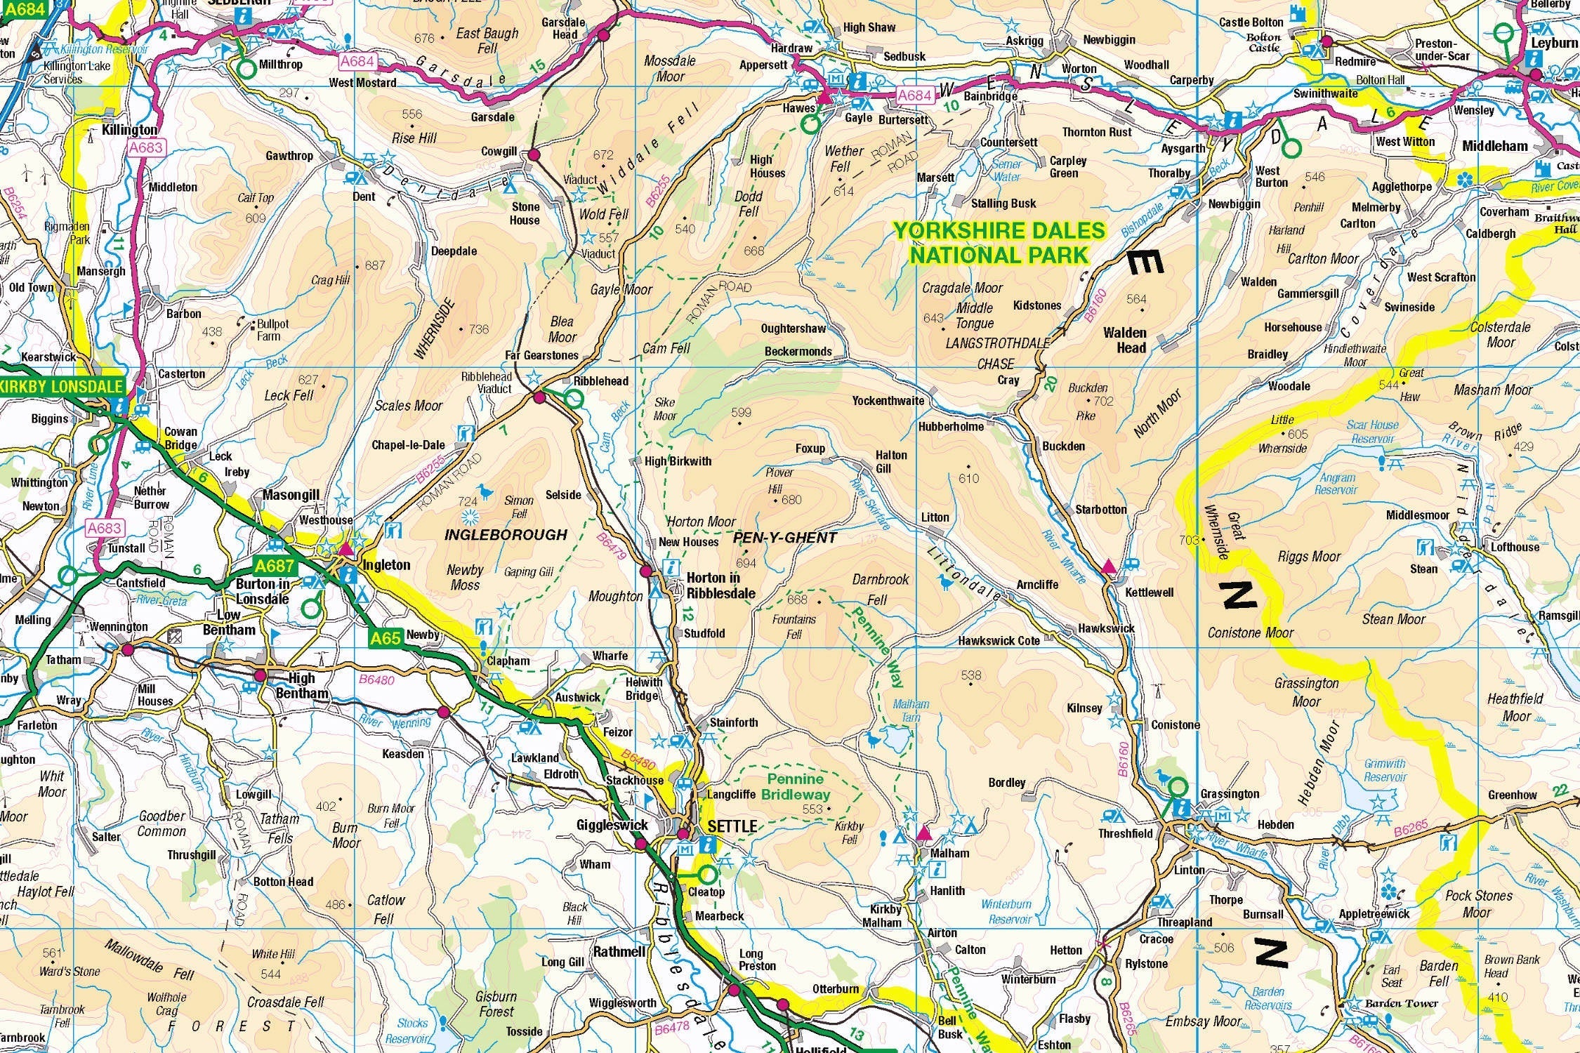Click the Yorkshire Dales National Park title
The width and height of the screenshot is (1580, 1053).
999,243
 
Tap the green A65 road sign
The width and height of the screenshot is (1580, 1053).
386,637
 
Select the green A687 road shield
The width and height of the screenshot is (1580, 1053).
275,566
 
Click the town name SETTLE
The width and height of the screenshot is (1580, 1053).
732,826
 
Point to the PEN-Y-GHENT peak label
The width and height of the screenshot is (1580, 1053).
784,538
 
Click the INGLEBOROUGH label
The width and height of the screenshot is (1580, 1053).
506,535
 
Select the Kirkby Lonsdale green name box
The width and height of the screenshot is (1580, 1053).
62,386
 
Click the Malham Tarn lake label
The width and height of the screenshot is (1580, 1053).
911,710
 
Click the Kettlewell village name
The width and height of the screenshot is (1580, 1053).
1149,592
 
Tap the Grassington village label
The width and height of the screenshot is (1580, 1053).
1229,794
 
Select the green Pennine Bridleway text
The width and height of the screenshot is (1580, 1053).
796,787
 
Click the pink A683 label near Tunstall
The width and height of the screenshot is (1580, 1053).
105,528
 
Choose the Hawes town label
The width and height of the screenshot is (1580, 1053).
798,108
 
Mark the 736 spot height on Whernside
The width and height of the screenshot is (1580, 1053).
478,329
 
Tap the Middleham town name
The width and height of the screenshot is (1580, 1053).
1494,146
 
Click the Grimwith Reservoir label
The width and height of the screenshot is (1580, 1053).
1385,770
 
